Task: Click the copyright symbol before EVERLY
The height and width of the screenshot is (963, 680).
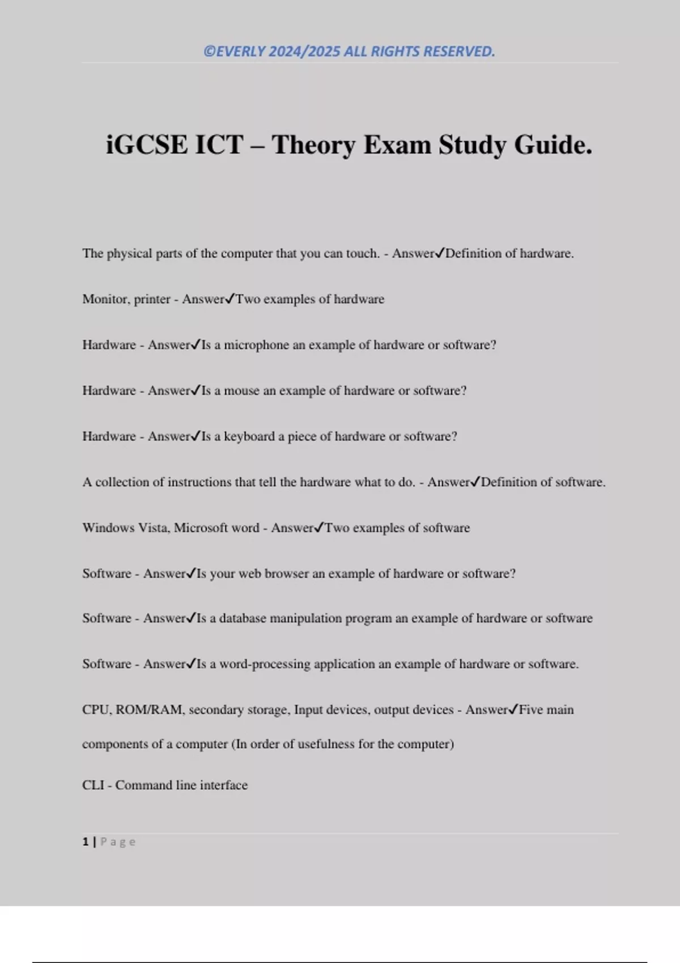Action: pos(209,52)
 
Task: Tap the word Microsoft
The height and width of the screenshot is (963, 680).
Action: pos(200,528)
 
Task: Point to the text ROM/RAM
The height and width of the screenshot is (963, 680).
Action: pos(150,710)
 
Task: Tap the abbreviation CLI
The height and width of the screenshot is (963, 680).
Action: pos(93,785)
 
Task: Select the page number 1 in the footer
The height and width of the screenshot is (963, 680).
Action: pos(86,842)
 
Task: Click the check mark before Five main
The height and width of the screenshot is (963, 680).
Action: pos(513,709)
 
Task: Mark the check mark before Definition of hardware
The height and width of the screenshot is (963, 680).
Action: pos(440,253)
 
